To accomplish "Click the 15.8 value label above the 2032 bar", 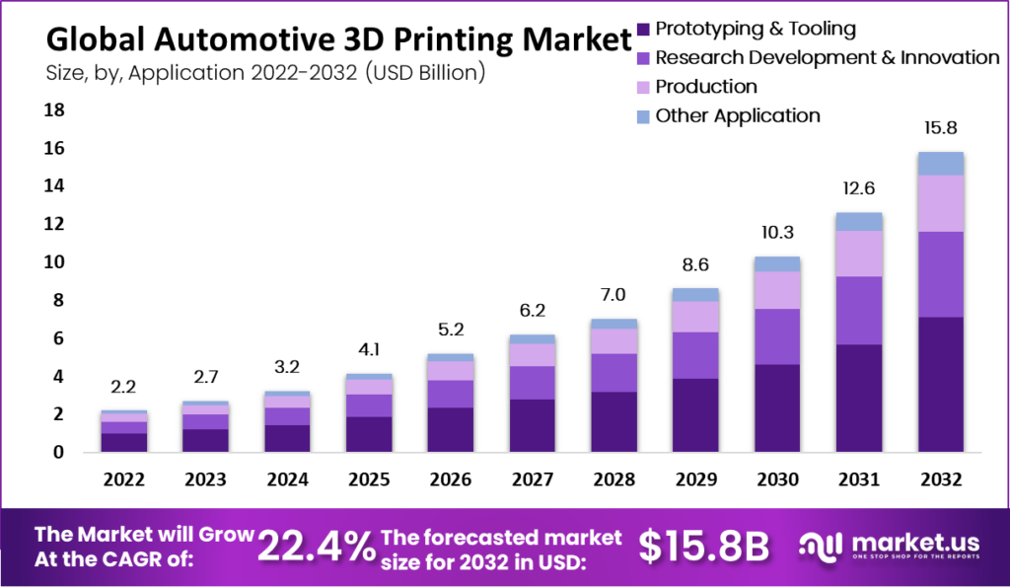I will tap(939, 128).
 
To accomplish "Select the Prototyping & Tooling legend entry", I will tap(755, 29).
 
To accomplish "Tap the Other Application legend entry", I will tap(737, 115).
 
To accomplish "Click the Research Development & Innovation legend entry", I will tap(827, 57).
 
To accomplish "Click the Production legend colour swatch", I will tap(644, 87).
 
